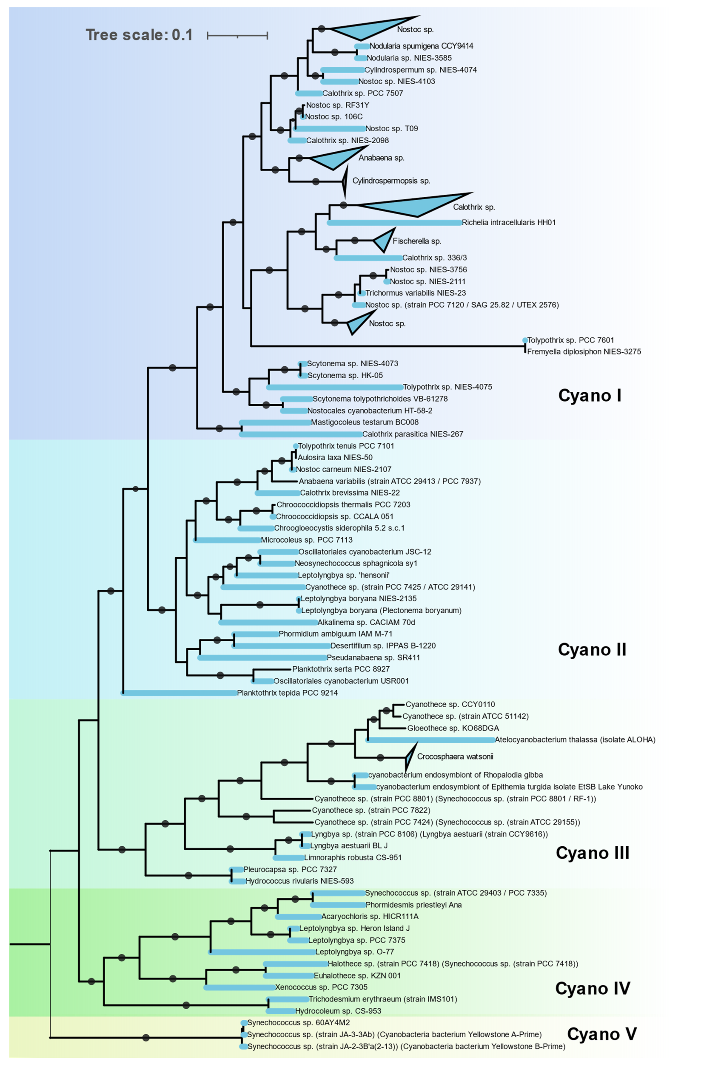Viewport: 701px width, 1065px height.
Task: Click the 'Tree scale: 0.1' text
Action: [139, 35]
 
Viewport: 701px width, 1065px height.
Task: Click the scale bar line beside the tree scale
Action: [237, 35]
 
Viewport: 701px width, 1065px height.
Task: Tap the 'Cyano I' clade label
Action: [590, 396]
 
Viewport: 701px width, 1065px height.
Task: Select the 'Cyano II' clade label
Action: [592, 650]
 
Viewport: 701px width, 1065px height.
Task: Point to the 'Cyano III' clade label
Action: [592, 853]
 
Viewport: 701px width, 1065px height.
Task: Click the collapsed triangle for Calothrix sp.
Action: [416, 205]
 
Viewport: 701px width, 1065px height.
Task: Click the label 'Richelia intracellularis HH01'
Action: [509, 222]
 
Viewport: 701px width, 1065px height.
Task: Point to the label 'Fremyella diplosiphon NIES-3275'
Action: [584, 352]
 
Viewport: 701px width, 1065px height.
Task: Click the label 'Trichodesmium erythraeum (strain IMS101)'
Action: [383, 999]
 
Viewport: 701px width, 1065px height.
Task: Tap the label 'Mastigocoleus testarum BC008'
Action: [365, 422]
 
